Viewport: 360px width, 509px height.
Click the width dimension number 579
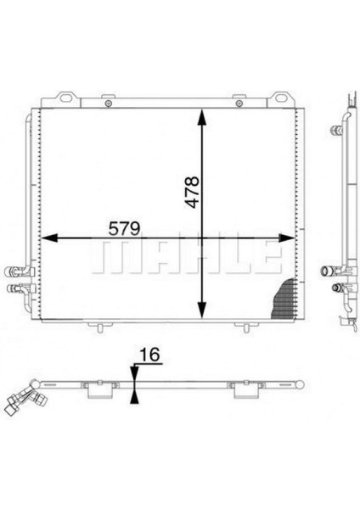pyautogui.click(x=125, y=228)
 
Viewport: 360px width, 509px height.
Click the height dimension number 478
pyautogui.click(x=192, y=192)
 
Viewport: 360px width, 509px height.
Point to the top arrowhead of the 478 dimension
pyautogui.click(x=202, y=117)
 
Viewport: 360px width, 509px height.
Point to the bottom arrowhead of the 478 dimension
pyautogui.click(x=202, y=310)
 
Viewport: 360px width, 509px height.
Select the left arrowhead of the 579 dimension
pyautogui.click(x=50, y=238)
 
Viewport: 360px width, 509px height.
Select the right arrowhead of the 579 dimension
pyautogui.click(x=286, y=238)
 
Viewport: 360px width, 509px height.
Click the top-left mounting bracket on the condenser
pyautogui.click(x=67, y=98)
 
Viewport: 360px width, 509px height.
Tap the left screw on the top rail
pyautogui.click(x=109, y=103)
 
